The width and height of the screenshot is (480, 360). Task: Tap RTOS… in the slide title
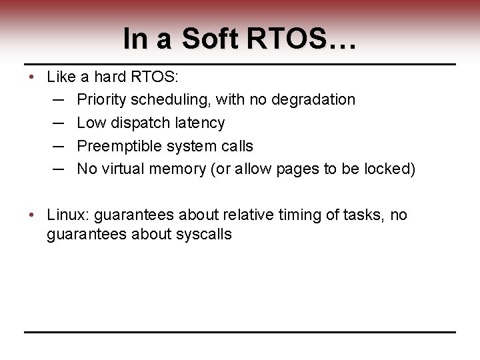coord(301,39)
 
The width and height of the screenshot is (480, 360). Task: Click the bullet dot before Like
coord(32,77)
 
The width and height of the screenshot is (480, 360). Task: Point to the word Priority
coord(101,100)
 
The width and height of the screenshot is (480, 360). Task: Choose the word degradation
coord(315,100)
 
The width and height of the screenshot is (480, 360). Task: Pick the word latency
coord(198,123)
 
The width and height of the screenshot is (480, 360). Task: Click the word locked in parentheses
coord(389,169)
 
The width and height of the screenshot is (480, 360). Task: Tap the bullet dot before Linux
coord(32,215)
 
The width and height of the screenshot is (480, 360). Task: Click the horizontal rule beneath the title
coord(240,65)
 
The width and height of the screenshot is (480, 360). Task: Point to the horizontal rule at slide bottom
coord(240,332)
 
